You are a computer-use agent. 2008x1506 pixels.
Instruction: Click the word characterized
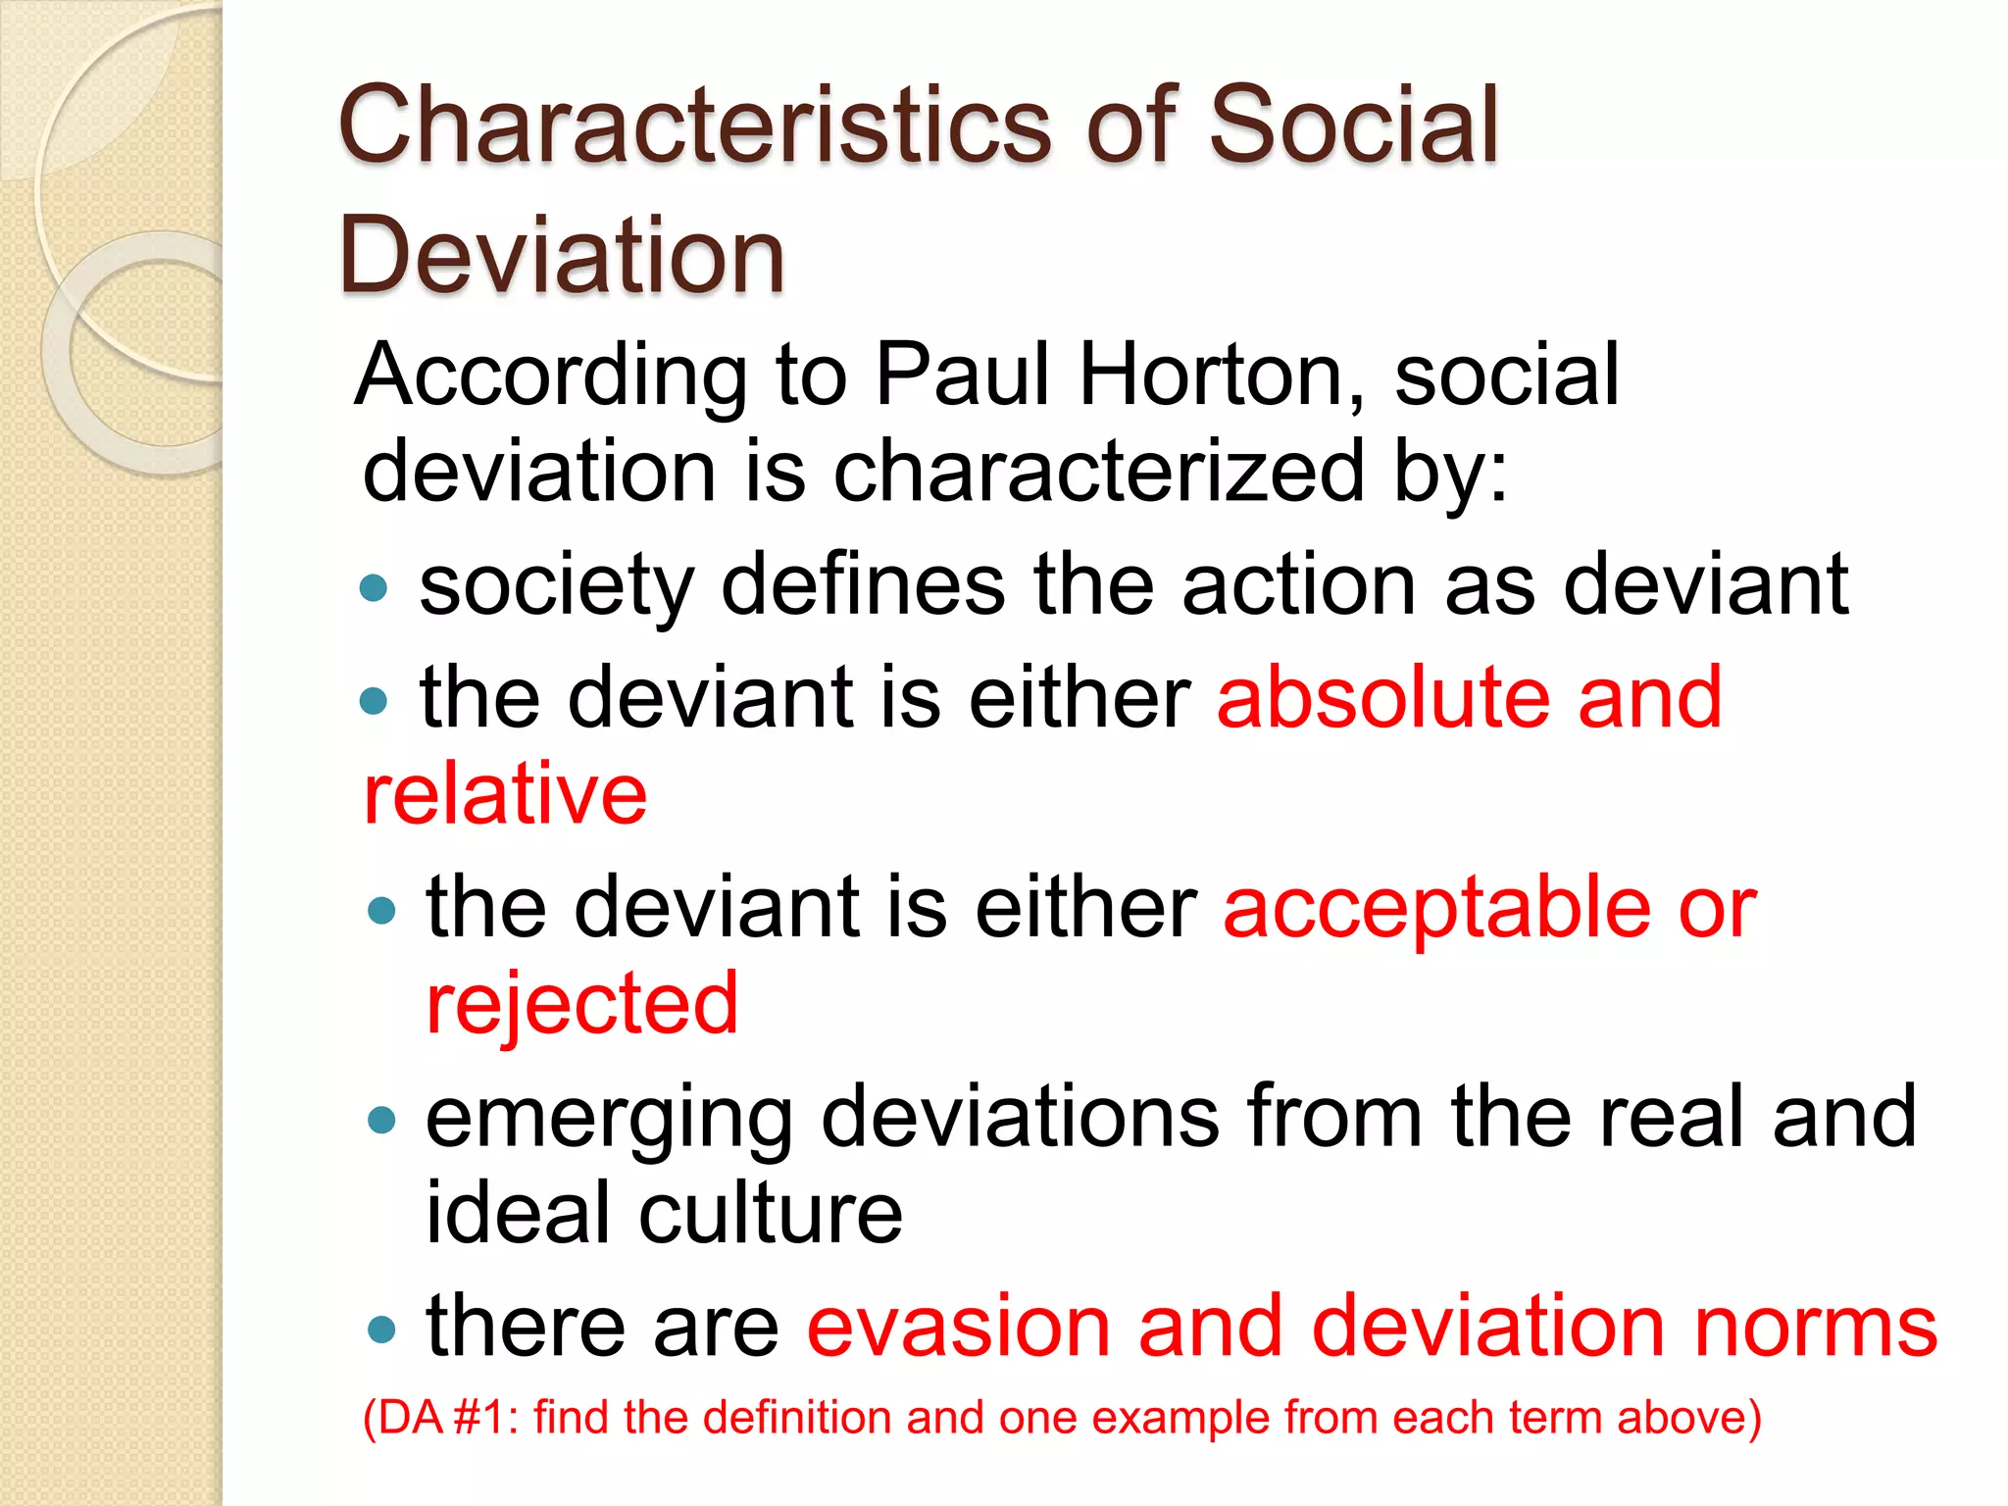[1098, 473]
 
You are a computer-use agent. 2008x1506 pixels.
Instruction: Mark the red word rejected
[581, 1004]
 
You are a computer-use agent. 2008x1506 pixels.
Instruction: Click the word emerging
[609, 1120]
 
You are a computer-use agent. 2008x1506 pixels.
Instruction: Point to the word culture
[771, 1213]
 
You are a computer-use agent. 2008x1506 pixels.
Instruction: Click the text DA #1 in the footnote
[442, 1418]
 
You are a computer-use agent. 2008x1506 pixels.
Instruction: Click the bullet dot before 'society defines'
[374, 588]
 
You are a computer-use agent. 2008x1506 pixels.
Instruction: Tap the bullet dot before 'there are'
[380, 1330]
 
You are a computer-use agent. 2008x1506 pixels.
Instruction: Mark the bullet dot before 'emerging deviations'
[380, 1120]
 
